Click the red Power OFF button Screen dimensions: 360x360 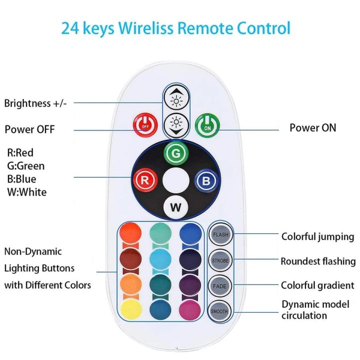(x=144, y=125)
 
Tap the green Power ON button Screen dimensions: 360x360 (x=206, y=125)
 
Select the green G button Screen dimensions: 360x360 (x=175, y=152)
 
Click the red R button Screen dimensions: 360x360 (x=145, y=180)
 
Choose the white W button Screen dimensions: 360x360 (x=175, y=207)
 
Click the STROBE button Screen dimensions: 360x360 (x=220, y=260)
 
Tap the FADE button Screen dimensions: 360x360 (x=220, y=285)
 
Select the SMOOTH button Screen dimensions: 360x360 (x=220, y=311)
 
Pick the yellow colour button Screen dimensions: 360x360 (x=131, y=309)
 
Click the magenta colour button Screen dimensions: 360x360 (x=191, y=309)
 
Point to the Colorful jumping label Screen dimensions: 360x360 (x=317, y=236)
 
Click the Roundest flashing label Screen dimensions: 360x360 (x=318, y=261)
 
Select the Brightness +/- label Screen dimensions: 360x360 (x=35, y=103)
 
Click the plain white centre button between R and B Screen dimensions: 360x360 (x=175, y=180)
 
